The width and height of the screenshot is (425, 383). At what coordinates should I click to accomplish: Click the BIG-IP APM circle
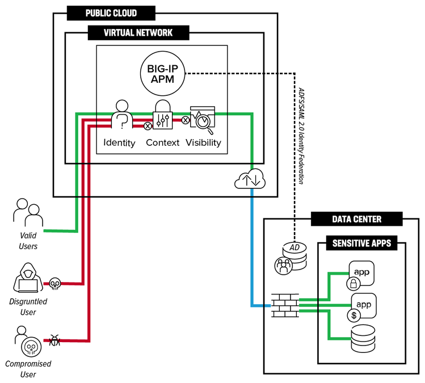[x=163, y=73]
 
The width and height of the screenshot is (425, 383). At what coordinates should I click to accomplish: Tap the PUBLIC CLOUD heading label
[x=111, y=12]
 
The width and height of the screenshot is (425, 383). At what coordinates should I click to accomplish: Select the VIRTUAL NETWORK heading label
[x=138, y=33]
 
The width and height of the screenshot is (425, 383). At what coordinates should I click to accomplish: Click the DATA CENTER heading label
[x=356, y=218]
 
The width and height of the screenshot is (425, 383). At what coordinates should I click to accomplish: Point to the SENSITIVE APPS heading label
[x=361, y=245]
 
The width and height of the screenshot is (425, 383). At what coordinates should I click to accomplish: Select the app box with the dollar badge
[x=363, y=306]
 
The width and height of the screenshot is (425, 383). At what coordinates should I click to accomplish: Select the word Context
[x=163, y=142]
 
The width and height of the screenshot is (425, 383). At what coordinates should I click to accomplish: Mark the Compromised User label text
[x=28, y=369]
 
